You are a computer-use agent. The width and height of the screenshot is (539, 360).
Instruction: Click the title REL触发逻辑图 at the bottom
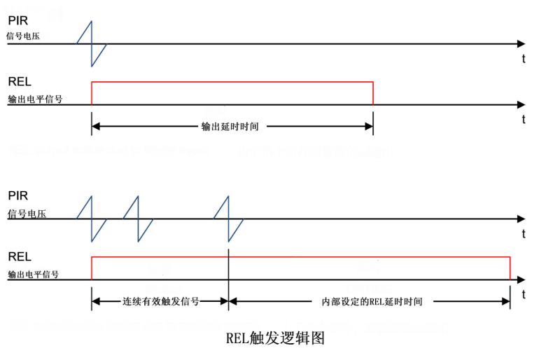tap(275, 338)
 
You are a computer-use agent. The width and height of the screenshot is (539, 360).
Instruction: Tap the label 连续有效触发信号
tap(160, 302)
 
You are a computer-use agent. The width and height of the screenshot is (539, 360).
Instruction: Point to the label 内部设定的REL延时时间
tap(371, 302)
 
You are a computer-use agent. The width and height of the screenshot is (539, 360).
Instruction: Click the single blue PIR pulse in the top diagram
tap(92, 43)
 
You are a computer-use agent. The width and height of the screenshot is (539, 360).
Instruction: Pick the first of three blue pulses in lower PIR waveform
tap(92, 219)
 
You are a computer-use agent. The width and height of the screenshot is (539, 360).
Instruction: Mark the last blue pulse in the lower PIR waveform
tap(229, 219)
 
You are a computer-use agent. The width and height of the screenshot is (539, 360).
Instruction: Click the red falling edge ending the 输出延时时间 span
tap(373, 94)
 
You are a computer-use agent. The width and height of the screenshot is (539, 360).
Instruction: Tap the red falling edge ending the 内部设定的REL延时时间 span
tap(510, 269)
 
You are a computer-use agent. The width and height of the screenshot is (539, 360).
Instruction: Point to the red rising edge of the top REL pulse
tap(92, 94)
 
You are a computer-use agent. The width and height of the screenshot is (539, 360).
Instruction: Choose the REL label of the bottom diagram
tap(19, 257)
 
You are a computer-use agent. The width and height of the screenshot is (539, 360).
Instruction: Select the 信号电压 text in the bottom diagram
tap(27, 214)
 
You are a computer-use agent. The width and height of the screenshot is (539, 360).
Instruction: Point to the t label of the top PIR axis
tap(523, 59)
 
